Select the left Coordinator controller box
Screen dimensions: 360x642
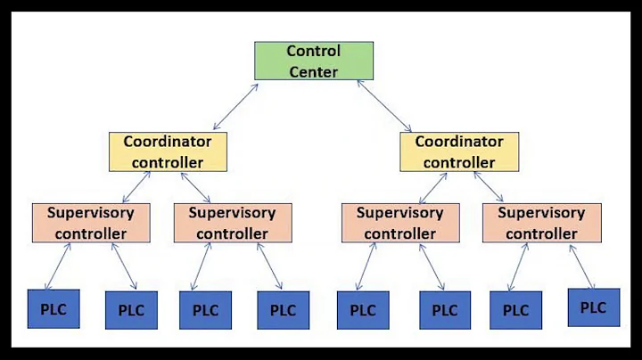(168, 151)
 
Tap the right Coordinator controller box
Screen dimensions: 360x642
(458, 151)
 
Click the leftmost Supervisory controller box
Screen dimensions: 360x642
(90, 223)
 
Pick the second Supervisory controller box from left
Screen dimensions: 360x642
(232, 224)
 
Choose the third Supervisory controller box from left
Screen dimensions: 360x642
(399, 223)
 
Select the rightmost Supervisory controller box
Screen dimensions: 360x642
(541, 224)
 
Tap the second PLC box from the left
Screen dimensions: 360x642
(131, 310)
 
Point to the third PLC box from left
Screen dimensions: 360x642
(205, 310)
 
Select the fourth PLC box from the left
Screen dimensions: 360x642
(283, 310)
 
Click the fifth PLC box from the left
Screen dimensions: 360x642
(363, 310)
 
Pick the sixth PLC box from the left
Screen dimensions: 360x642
(446, 310)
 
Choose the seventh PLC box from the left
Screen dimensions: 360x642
(516, 310)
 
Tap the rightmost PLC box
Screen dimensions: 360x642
(593, 307)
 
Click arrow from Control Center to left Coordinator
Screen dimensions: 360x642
(226, 108)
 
